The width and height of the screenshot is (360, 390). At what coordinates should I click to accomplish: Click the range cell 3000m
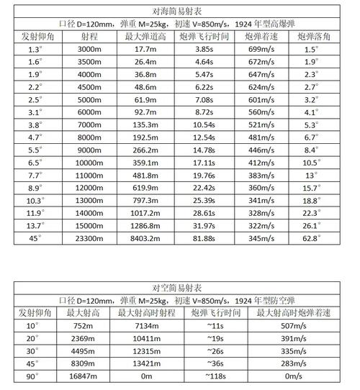(88, 49)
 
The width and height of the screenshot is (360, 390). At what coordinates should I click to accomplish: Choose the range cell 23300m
(88, 237)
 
